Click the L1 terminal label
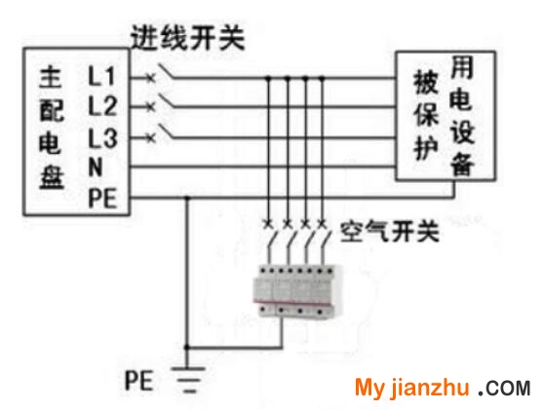pyautogui.click(x=101, y=76)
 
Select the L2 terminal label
pyautogui.click(x=103, y=106)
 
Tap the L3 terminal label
pyautogui.click(x=103, y=138)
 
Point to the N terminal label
pyautogui.click(x=96, y=168)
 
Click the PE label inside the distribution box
pyautogui.click(x=101, y=198)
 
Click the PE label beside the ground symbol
pyautogui.click(x=138, y=380)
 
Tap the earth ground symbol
pyautogui.click(x=188, y=380)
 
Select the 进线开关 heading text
pyautogui.click(x=187, y=37)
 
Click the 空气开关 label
pyautogui.click(x=390, y=231)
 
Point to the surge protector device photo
pyautogui.click(x=297, y=291)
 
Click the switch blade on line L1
pyautogui.click(x=167, y=71)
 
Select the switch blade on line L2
pyautogui.click(x=167, y=100)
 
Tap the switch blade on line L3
pyautogui.click(x=167, y=131)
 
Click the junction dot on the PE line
pyautogui.click(x=187, y=198)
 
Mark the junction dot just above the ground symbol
pyautogui.click(x=187, y=347)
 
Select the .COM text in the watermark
pyautogui.click(x=504, y=389)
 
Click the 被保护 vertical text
pyautogui.click(x=426, y=115)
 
